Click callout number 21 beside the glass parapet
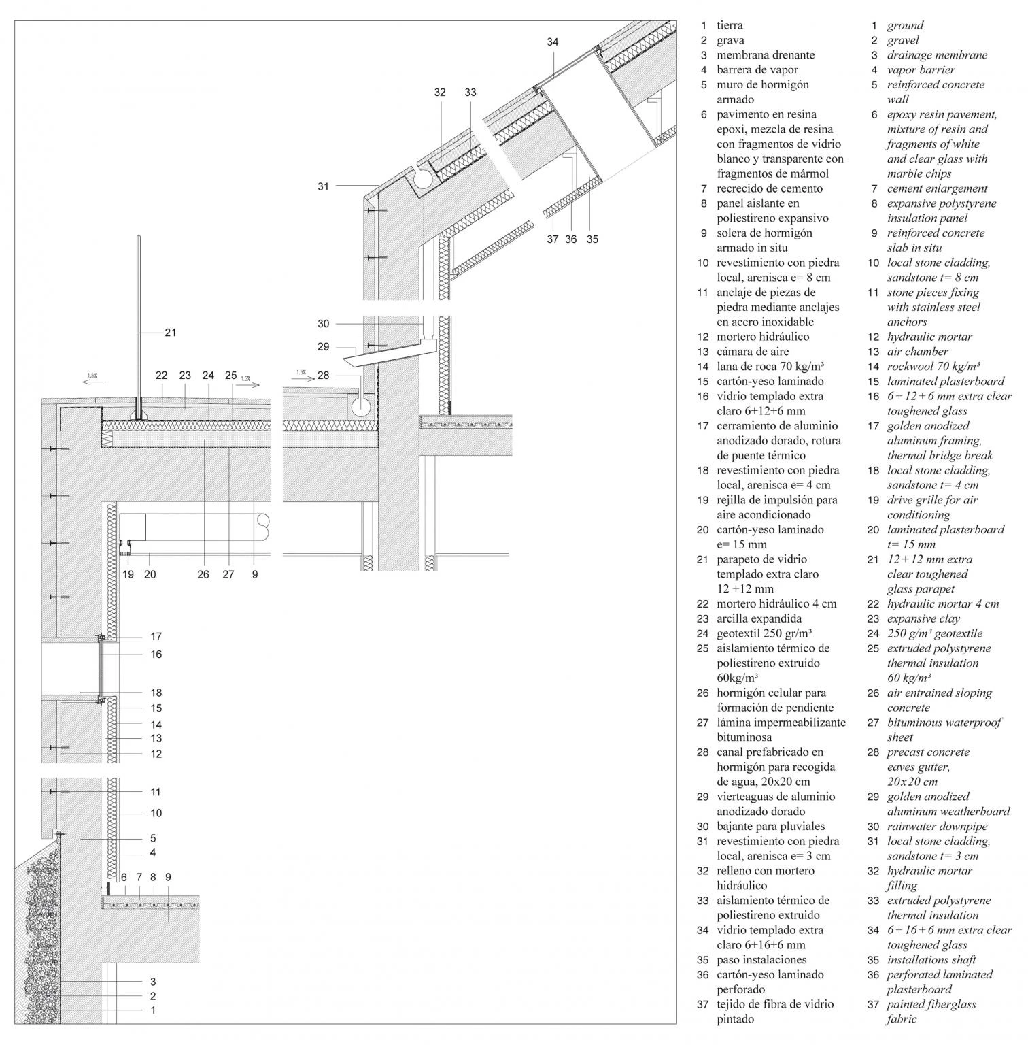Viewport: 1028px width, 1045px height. tap(170, 333)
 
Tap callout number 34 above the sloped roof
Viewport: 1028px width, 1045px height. tap(553, 42)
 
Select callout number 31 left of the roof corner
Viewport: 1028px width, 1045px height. tap(323, 186)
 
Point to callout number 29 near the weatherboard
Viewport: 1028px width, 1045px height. tap(323, 347)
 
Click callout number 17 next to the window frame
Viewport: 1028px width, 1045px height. tap(156, 637)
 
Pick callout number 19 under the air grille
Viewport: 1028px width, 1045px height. tap(128, 574)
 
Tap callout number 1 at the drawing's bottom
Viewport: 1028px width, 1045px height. tap(153, 1010)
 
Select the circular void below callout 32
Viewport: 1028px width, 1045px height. tap(422, 179)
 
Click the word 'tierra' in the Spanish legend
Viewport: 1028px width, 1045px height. tap(730, 25)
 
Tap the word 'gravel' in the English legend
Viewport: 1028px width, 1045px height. tap(903, 40)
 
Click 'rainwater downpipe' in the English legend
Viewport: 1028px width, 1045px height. tap(937, 826)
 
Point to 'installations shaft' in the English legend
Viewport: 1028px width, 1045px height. tap(931, 959)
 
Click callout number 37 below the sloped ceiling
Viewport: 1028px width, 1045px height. tap(552, 239)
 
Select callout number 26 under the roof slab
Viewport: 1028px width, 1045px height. tap(203, 574)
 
